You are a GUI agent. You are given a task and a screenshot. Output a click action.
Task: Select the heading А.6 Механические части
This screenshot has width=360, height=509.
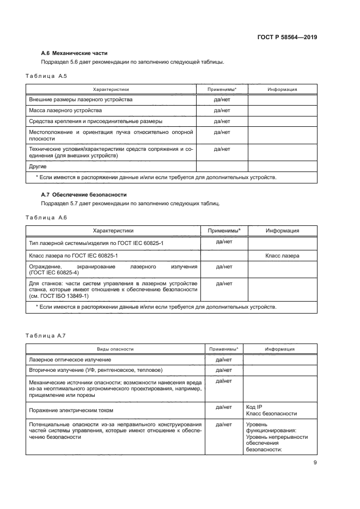pos(75,53)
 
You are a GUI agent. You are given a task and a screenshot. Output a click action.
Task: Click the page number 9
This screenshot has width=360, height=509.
pos(315,463)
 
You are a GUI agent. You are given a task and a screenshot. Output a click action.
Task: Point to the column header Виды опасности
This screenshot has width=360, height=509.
pos(115,349)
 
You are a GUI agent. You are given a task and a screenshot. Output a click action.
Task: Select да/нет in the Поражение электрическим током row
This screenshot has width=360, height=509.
pos(224,407)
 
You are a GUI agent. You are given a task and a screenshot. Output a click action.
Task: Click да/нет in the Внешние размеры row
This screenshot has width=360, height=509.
pos(222,100)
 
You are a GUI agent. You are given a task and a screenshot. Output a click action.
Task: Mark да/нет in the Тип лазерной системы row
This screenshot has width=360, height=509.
pos(224,241)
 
